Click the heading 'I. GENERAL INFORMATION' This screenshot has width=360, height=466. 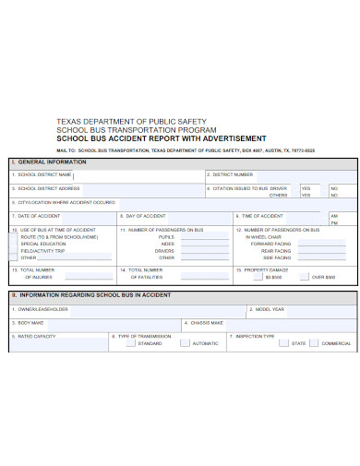[45, 161]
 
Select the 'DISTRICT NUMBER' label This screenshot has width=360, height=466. [232, 174]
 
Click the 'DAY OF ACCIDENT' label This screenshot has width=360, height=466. [144, 215]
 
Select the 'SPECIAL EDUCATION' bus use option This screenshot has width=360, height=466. [42, 244]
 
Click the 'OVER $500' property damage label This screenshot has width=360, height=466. [323, 277]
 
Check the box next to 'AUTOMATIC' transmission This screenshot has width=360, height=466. [185, 343]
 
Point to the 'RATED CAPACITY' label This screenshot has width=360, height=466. [38, 337]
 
